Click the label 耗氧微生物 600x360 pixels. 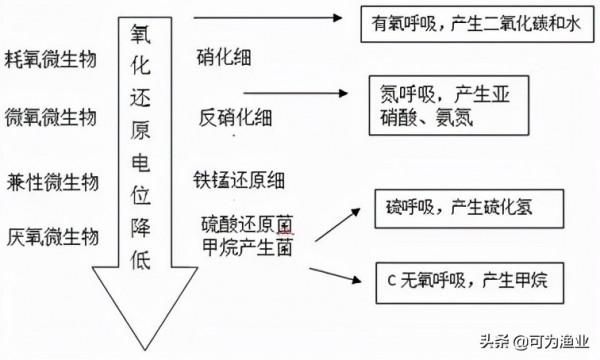click(x=50, y=58)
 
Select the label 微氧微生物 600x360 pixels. click(x=50, y=116)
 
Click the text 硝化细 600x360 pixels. click(x=225, y=58)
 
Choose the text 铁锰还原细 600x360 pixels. click(x=240, y=180)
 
